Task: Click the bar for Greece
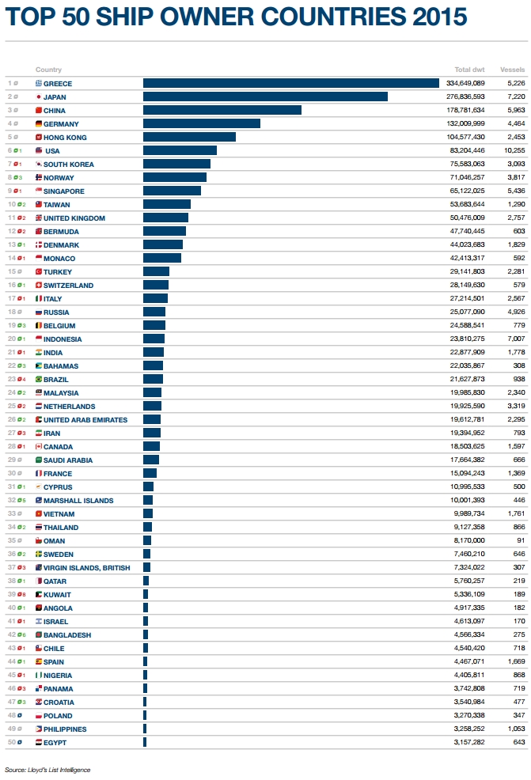[x=290, y=83]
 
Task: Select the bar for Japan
[x=265, y=97]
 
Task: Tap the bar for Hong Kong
[x=189, y=137]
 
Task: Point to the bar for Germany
[x=202, y=123]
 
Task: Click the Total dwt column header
[x=469, y=70]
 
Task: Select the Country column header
[x=48, y=70]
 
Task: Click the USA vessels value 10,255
[x=514, y=150]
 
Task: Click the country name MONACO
[x=59, y=258]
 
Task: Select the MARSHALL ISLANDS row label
[x=78, y=500]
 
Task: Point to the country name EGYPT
[x=55, y=742]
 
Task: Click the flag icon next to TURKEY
[x=39, y=271]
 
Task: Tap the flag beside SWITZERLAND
[x=39, y=285]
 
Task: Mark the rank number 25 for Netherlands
[x=11, y=406]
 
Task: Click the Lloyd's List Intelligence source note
[x=47, y=770]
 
